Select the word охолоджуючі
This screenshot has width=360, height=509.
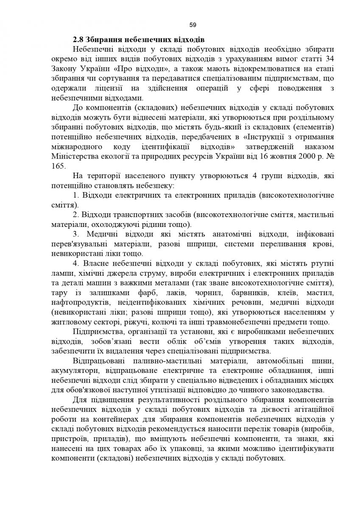click(133, 224)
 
